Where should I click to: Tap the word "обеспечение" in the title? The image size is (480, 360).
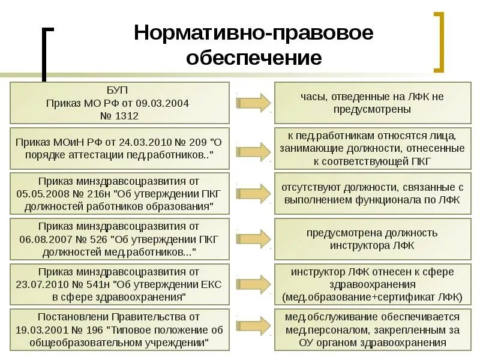point(253,58)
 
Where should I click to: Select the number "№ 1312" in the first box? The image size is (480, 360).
point(120,116)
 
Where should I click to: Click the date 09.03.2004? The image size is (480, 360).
point(166,103)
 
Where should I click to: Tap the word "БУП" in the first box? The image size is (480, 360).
point(120,91)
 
